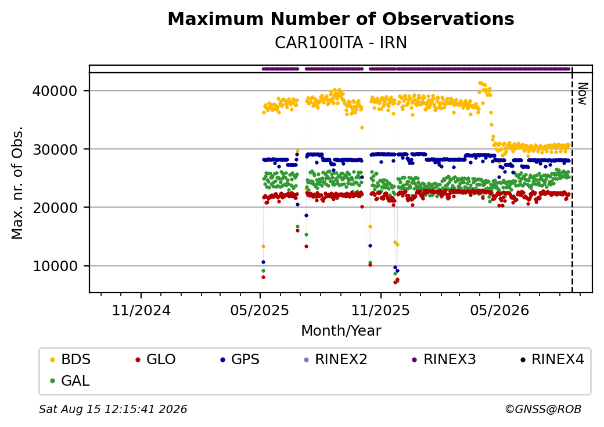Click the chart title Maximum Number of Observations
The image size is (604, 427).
341,19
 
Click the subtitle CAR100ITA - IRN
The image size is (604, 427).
341,43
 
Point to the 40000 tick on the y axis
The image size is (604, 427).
55,91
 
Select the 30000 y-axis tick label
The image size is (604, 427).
55,150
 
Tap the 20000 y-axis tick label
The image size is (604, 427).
55,208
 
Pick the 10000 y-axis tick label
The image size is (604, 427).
55,266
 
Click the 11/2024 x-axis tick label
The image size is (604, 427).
141,310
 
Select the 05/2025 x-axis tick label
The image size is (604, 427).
260,310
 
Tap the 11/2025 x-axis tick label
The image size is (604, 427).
380,310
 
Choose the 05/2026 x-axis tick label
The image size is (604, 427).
499,310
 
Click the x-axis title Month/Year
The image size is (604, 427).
341,331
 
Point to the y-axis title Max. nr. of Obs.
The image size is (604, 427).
17,183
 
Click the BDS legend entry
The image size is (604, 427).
70,360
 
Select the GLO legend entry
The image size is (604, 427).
156,360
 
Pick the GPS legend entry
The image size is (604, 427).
240,360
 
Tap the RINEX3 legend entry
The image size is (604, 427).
444,360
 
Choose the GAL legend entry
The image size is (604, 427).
70,381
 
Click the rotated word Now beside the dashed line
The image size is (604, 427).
583,94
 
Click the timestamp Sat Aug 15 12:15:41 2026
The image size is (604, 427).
113,409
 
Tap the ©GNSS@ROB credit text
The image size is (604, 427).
543,409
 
